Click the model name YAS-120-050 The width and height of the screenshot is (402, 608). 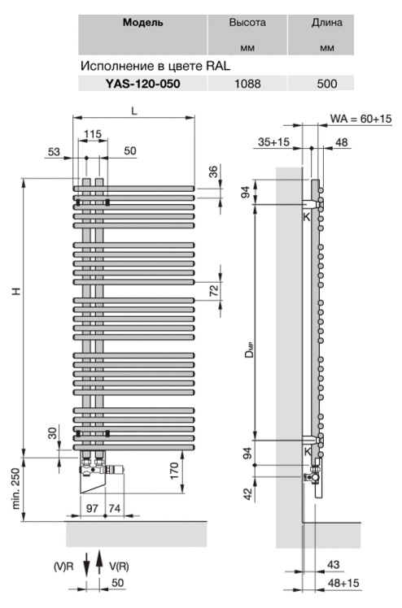pyautogui.click(x=142, y=84)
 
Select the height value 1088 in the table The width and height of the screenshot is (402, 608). pyautogui.click(x=247, y=84)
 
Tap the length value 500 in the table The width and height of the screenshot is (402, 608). pyautogui.click(x=326, y=84)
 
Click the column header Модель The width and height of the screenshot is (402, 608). pyautogui.click(x=142, y=23)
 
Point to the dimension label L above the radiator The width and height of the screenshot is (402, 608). pyautogui.click(x=134, y=111)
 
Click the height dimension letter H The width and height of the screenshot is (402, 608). pyautogui.click(x=16, y=291)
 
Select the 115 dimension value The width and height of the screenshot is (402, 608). pyautogui.click(x=93, y=134)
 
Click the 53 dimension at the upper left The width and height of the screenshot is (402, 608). pyautogui.click(x=54, y=151)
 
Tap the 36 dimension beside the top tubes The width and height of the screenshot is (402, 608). pyautogui.click(x=214, y=171)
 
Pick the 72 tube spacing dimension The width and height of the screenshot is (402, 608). pyautogui.click(x=214, y=290)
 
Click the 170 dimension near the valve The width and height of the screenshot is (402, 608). pyautogui.click(x=174, y=471)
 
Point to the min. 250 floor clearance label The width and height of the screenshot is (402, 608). pyautogui.click(x=15, y=489)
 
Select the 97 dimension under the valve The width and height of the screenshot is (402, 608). pyautogui.click(x=92, y=508)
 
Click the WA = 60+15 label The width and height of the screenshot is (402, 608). pyautogui.click(x=360, y=118)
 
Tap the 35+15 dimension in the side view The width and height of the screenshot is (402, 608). pyautogui.click(x=273, y=142)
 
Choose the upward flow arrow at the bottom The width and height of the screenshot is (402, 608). pyautogui.click(x=99, y=562)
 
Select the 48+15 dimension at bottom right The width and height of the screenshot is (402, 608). pyautogui.click(x=343, y=583)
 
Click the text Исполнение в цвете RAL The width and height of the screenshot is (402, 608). pyautogui.click(x=155, y=66)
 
